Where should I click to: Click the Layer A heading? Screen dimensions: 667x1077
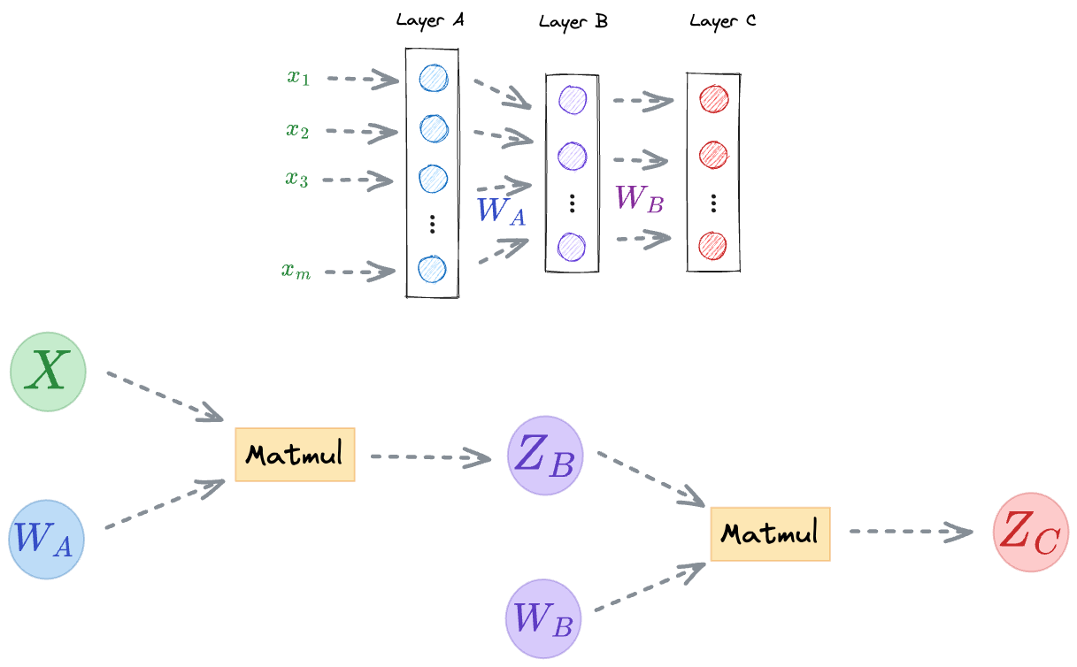click(x=430, y=21)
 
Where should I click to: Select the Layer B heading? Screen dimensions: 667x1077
click(x=573, y=21)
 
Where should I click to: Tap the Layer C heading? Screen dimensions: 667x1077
click(x=723, y=21)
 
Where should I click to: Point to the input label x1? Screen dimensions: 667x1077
click(x=298, y=77)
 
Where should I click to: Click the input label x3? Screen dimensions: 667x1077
click(x=296, y=179)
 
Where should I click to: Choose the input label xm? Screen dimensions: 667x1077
click(x=296, y=272)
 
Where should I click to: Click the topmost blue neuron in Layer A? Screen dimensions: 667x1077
click(x=433, y=78)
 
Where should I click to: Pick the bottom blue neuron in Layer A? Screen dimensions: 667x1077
click(x=433, y=268)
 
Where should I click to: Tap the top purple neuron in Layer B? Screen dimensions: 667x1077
click(x=573, y=99)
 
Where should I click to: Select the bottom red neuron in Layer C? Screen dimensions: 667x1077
click(x=713, y=244)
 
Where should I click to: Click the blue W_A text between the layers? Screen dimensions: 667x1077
click(x=501, y=211)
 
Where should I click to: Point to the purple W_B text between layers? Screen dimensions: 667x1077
click(x=640, y=198)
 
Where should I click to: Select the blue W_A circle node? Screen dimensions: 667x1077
click(x=47, y=540)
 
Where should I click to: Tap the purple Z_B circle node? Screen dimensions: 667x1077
click(x=545, y=456)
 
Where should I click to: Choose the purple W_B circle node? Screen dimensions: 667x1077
click(x=543, y=618)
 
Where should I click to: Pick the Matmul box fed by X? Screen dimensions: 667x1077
click(x=295, y=456)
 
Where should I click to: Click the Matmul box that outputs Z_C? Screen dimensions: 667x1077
click(x=770, y=534)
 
